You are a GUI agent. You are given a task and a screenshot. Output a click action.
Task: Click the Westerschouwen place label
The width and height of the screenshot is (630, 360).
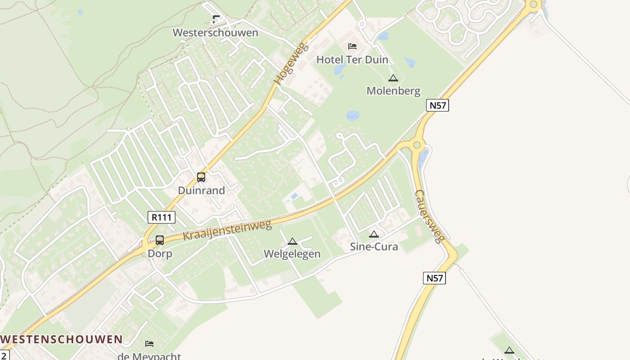(216, 33)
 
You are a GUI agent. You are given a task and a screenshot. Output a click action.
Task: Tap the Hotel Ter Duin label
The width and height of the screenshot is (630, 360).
(352, 59)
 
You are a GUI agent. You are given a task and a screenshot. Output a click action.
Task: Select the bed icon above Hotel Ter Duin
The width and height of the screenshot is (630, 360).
(352, 46)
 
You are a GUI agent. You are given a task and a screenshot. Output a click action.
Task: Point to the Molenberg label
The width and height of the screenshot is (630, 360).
(393, 91)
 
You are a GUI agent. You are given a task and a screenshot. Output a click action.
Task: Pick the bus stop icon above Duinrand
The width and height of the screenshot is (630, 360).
(201, 177)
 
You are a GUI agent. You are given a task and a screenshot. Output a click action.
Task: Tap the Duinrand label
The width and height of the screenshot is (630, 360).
(201, 190)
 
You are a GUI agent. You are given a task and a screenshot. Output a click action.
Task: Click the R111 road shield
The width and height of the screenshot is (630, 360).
(162, 217)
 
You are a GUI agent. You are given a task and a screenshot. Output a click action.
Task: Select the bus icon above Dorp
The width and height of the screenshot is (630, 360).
(160, 240)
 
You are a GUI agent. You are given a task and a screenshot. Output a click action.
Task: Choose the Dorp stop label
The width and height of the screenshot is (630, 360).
(160, 253)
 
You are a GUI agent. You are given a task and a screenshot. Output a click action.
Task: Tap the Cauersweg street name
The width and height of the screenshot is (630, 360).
(430, 216)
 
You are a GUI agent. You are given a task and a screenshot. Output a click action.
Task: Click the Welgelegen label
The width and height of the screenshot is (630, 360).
(292, 254)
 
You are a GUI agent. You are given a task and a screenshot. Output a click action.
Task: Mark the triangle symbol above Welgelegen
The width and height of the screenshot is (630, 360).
(292, 242)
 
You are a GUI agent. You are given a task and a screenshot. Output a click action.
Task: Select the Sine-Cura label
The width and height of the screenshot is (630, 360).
(374, 247)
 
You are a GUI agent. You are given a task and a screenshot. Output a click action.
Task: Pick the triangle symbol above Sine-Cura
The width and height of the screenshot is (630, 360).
(374, 234)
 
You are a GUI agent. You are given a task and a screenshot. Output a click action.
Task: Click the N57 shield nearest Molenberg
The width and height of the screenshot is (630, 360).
(437, 105)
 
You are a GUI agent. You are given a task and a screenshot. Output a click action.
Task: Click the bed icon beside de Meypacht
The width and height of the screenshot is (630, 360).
(149, 344)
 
